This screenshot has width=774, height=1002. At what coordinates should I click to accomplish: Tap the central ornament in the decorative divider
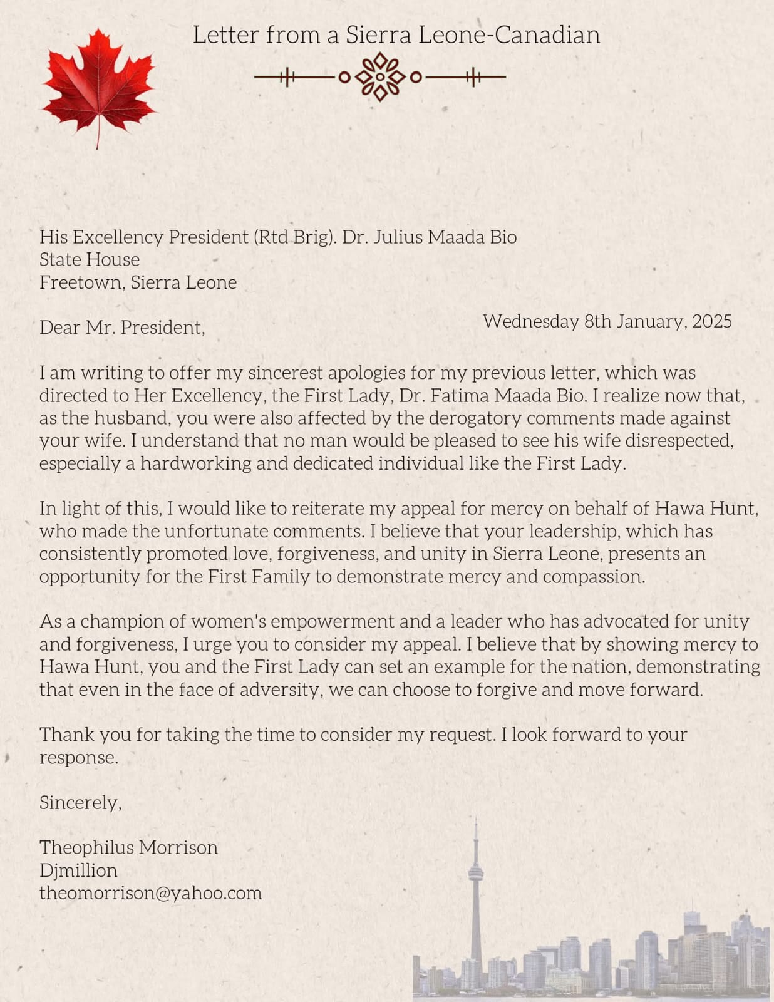click(380, 77)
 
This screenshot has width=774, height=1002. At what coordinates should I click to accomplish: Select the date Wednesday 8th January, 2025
click(607, 321)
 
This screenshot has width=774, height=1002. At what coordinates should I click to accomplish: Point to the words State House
click(90, 259)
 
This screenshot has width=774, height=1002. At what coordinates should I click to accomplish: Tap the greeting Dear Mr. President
click(122, 327)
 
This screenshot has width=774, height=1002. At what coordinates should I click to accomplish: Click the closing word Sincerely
click(80, 802)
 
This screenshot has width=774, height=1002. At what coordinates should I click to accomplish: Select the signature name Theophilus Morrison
click(128, 847)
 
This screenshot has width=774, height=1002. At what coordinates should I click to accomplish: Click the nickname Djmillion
click(78, 870)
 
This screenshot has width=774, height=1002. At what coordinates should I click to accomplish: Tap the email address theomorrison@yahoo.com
click(150, 892)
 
